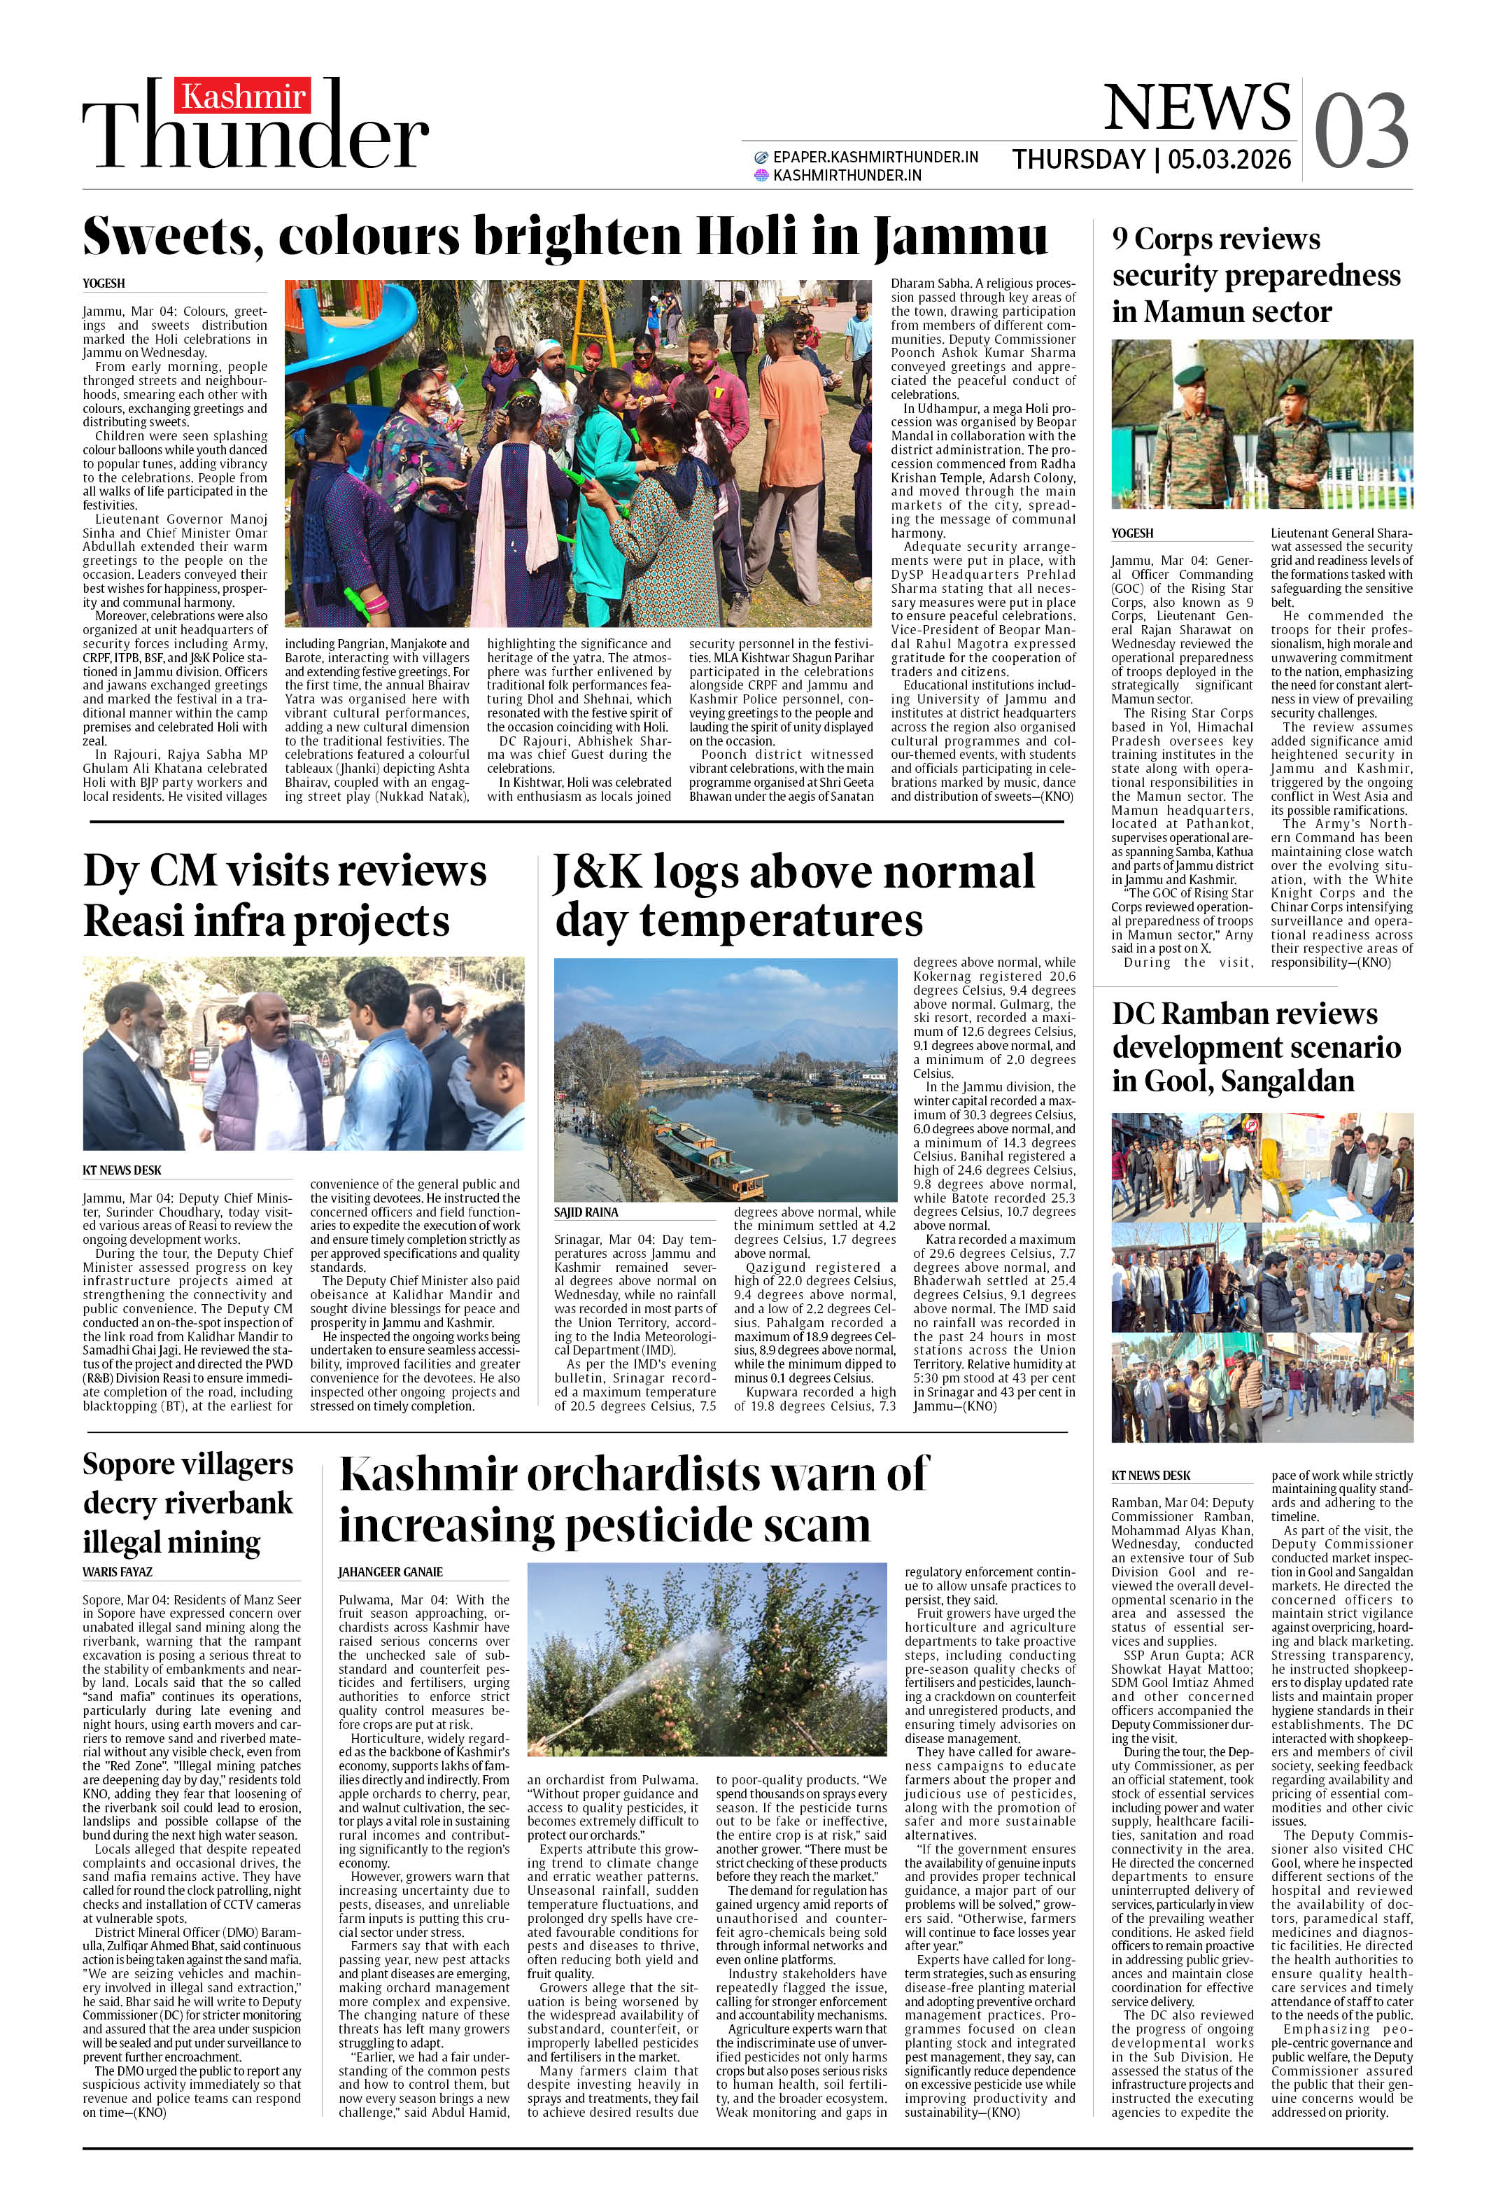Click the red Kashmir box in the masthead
(x=244, y=96)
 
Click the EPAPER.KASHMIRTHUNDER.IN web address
(x=875, y=157)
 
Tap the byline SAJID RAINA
(x=586, y=1212)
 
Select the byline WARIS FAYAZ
(x=117, y=1571)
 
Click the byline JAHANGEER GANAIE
(x=390, y=1571)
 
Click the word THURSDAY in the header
(x=1078, y=160)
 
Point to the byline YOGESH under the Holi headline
(x=104, y=283)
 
